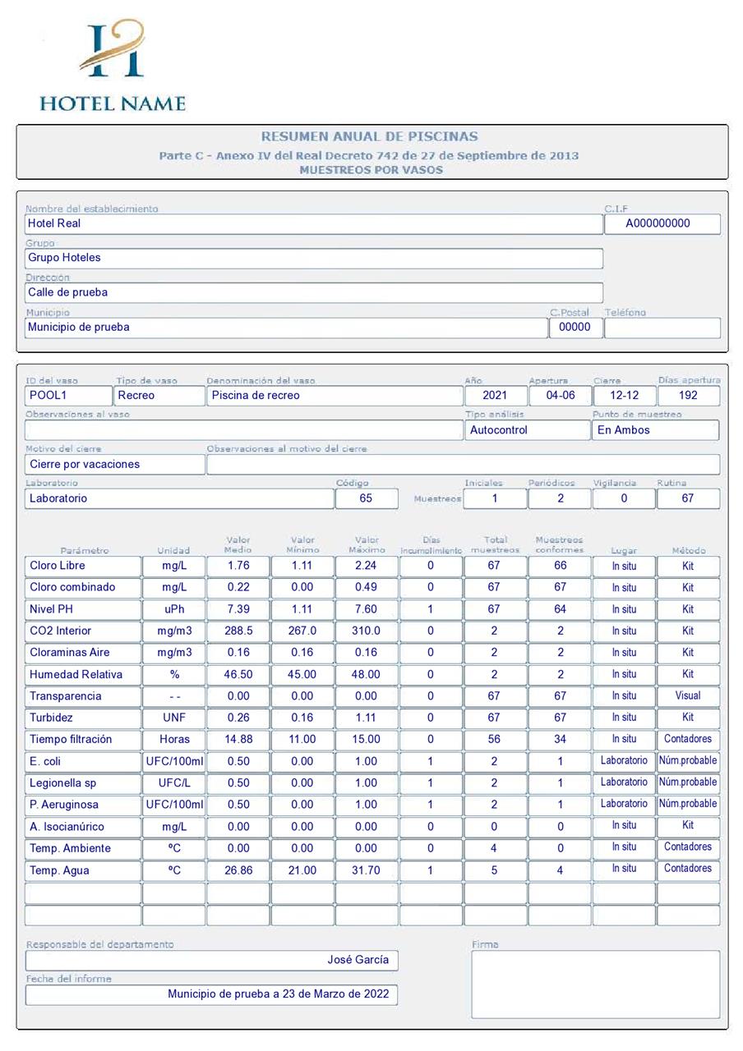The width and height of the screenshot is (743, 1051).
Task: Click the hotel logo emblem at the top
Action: [113, 51]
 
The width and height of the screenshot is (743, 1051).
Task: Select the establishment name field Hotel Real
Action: [313, 223]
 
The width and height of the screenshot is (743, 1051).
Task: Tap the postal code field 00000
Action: [575, 327]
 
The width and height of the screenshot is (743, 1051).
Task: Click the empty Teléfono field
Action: [662, 328]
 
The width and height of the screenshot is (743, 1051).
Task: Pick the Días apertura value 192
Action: [689, 395]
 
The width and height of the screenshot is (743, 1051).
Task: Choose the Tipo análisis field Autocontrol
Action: [526, 429]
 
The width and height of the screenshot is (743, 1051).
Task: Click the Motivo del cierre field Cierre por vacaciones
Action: [115, 464]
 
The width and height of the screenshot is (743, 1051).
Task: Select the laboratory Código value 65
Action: [366, 498]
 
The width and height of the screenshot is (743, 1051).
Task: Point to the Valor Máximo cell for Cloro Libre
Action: [367, 566]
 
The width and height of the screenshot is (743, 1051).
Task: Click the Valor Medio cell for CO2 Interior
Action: [238, 631]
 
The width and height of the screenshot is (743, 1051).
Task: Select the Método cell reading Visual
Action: [688, 695]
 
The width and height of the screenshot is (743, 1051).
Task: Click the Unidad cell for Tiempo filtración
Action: [174, 739]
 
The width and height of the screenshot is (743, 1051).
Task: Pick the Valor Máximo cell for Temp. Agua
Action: [367, 870]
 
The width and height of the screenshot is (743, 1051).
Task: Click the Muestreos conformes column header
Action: [559, 544]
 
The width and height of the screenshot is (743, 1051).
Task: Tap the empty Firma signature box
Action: [595, 984]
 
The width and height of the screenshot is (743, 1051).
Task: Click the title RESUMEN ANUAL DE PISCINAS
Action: [369, 136]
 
